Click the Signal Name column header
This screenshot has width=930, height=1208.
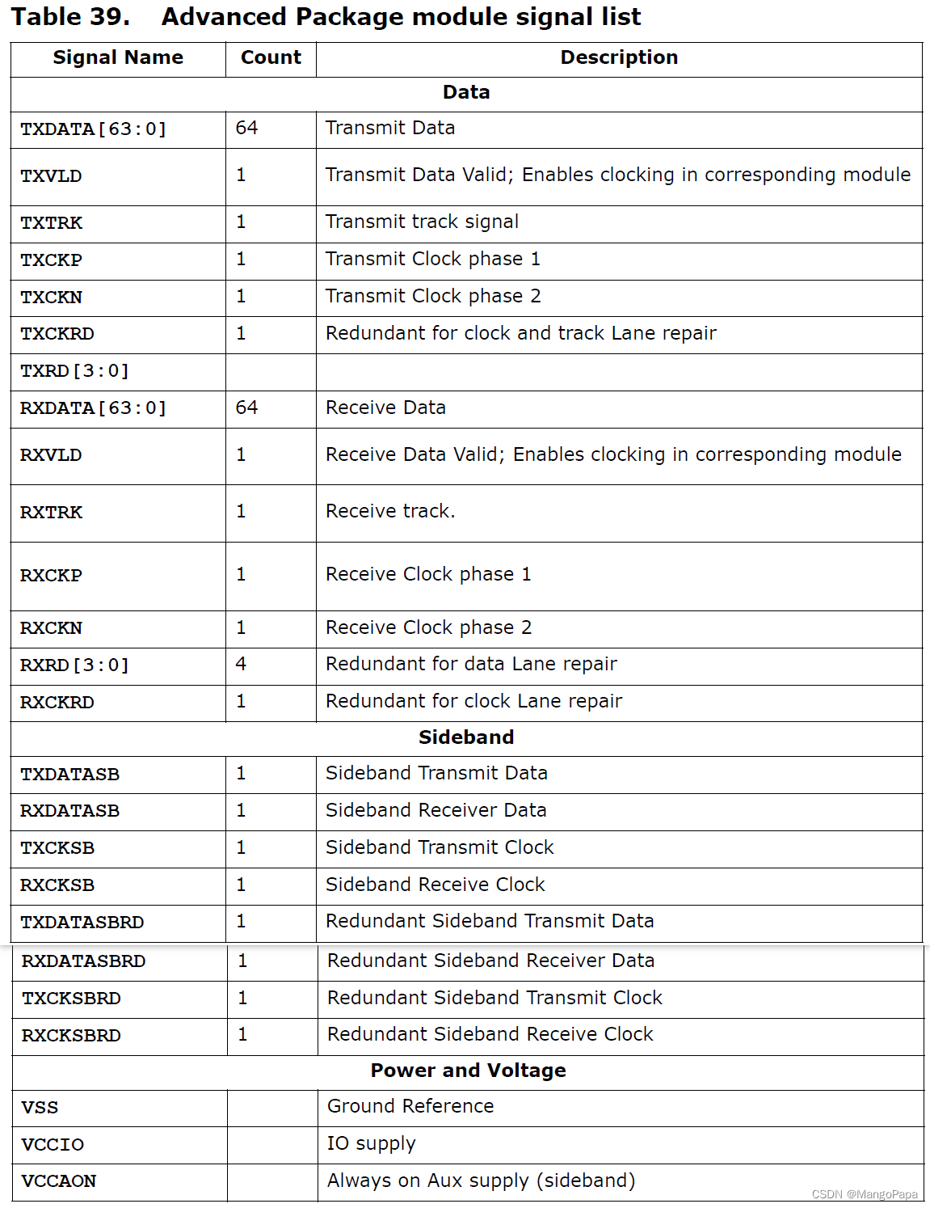[118, 57]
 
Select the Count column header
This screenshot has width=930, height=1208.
[271, 57]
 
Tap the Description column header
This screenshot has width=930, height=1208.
[619, 57]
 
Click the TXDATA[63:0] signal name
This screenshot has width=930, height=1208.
[93, 129]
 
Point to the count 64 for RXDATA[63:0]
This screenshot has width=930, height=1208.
[246, 408]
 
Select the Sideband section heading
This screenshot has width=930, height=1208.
[466, 737]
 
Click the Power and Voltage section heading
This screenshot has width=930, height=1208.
[468, 1071]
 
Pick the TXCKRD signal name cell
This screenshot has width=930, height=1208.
[57, 334]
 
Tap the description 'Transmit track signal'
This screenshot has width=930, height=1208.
[422, 222]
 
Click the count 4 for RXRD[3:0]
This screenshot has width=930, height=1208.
[241, 664]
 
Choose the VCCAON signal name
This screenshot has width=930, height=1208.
[59, 1181]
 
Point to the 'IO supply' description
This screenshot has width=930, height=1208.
[371, 1143]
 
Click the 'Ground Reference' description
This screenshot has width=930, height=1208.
[410, 1106]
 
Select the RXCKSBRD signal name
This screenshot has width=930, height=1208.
[71, 1036]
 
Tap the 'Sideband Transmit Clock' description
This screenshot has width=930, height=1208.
[440, 847]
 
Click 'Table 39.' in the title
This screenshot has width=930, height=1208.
[70, 17]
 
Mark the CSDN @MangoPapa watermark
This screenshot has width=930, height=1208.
[865, 1194]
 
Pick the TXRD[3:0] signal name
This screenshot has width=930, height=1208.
[74, 371]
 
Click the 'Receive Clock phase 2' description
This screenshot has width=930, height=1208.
[428, 627]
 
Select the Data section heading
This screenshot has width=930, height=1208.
[466, 92]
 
